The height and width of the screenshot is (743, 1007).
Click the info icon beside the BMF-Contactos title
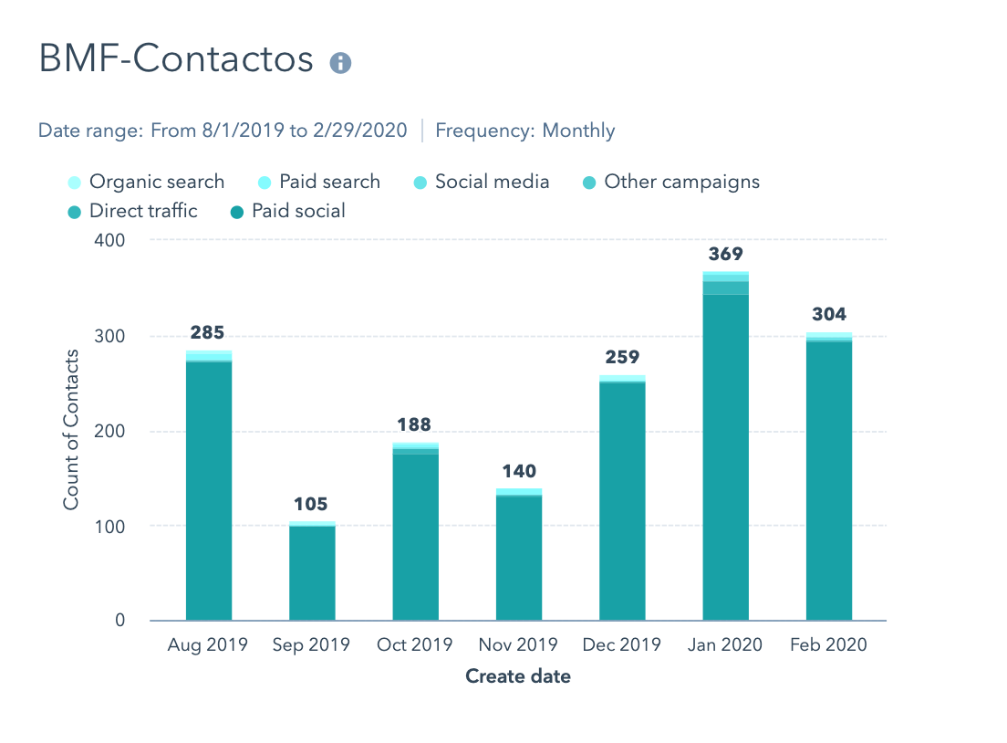(340, 62)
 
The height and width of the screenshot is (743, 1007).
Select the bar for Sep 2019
(312, 571)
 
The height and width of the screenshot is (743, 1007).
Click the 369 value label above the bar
(726, 254)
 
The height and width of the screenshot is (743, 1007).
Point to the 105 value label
(311, 504)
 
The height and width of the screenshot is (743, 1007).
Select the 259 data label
(622, 357)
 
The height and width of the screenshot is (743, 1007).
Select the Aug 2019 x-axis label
(208, 644)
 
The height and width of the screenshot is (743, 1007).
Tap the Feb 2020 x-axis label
(829, 644)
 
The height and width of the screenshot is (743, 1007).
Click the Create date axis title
(518, 676)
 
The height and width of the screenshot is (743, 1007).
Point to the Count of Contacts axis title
(71, 430)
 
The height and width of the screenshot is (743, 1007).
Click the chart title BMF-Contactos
(176, 59)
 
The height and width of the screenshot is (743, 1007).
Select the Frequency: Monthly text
(525, 131)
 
